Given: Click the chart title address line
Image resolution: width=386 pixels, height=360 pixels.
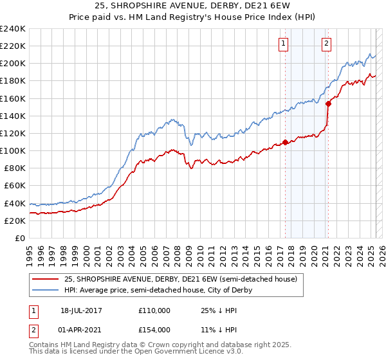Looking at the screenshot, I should point(193,7).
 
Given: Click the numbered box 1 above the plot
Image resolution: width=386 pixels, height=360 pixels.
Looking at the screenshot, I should point(284,44).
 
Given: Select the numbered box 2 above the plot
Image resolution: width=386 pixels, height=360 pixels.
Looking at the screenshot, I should point(326,44).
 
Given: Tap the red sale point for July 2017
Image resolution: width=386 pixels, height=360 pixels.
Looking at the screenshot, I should point(285,143).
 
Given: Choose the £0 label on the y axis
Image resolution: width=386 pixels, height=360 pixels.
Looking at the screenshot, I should point(21,238).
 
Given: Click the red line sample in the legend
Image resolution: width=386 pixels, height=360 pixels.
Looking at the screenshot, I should point(45,280).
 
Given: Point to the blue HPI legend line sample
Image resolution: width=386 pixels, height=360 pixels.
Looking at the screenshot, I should point(45,291).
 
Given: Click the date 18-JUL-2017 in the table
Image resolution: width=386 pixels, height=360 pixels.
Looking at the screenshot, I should point(82,310).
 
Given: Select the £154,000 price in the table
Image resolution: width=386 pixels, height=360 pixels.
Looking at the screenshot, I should point(154,330).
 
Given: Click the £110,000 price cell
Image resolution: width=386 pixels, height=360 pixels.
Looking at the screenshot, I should point(154,310).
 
